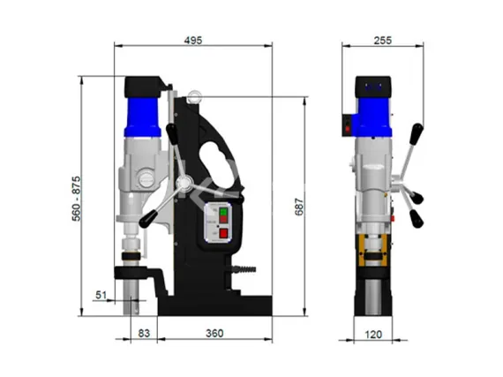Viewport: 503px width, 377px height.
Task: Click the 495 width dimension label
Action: point(193,40)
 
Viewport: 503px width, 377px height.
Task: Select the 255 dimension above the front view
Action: point(382,40)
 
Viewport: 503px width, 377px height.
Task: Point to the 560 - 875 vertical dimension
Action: point(77,200)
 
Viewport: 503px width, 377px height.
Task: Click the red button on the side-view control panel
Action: point(222,234)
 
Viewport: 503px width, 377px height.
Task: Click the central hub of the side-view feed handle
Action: point(184,183)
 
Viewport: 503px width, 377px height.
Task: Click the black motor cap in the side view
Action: point(143,87)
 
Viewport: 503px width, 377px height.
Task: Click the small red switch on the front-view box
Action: point(349,128)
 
